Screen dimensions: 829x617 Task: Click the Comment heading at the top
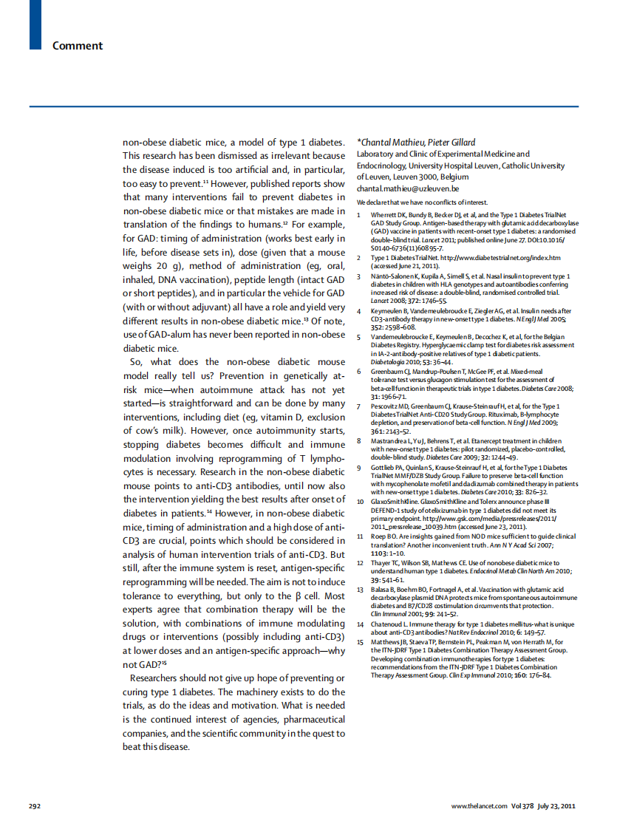78,46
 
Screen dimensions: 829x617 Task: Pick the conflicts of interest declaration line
422,202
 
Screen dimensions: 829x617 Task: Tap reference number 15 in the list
360,643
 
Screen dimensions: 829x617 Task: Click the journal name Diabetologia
389,363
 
